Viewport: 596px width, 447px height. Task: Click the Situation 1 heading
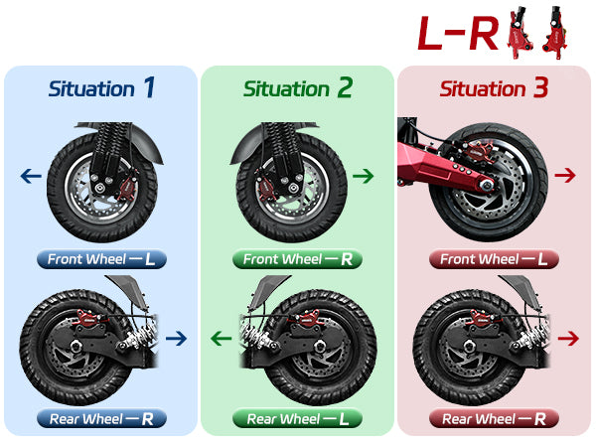click(101, 88)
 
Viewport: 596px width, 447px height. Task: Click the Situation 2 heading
click(298, 88)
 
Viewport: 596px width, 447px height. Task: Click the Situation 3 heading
click(494, 88)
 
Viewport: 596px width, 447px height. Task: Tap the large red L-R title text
click(457, 33)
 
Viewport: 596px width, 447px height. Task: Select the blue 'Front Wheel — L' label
click(100, 260)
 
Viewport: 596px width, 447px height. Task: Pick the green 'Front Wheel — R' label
click(297, 260)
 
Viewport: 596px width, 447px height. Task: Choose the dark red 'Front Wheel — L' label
click(494, 260)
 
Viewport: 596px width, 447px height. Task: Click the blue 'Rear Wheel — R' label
click(100, 419)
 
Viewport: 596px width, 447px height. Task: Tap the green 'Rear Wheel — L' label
click(297, 419)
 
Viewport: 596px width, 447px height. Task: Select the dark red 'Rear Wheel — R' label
click(494, 419)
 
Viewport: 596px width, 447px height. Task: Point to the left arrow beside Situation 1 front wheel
click(30, 177)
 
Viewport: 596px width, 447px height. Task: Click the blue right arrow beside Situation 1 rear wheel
click(177, 339)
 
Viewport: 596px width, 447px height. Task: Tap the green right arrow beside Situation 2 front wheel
click(364, 176)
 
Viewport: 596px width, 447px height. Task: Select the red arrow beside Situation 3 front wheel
click(566, 176)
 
